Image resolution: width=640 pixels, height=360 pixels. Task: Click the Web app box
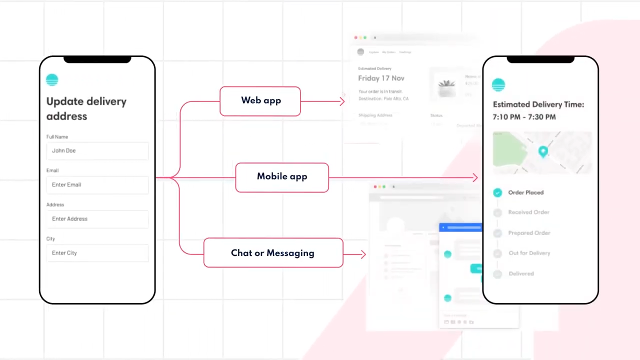pos(260,101)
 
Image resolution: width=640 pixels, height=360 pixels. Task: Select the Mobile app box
pos(282,177)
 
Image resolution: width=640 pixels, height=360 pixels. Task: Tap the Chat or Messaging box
pos(273,253)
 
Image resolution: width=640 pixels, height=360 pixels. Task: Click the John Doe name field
pos(97,150)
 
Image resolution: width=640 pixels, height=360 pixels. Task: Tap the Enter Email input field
pos(97,184)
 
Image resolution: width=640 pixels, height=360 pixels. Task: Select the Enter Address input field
pos(97,218)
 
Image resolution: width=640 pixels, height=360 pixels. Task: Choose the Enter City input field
pos(97,253)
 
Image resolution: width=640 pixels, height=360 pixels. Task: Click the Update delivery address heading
pos(86,108)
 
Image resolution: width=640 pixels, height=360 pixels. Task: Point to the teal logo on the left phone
pos(52,79)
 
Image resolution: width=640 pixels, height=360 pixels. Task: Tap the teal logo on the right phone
pos(498,84)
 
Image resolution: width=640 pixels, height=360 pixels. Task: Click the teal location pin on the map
pos(543,151)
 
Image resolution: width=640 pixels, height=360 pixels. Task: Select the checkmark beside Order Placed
pos(497,192)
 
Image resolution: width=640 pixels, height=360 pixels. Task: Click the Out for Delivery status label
pos(529,253)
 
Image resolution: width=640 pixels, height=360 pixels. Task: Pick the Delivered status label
pos(521,273)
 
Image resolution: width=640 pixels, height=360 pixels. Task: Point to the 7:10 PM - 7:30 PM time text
pos(524,117)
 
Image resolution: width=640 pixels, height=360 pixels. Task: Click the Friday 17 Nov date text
pos(381,78)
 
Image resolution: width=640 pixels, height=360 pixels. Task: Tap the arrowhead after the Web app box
pos(342,101)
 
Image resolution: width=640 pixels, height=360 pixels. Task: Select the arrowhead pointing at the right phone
pos(475,177)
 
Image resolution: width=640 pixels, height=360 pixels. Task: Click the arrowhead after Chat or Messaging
pos(363,254)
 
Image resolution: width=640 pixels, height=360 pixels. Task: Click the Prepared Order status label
pos(529,233)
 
